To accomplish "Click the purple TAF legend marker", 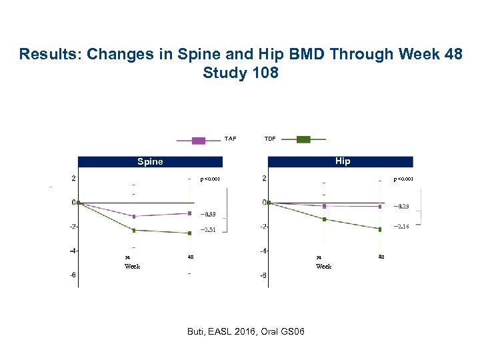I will point(199,140).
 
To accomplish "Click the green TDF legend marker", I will point(303,139).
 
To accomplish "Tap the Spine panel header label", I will point(150,161).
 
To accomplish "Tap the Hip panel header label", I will point(343,161).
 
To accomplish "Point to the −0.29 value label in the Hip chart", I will point(401,207).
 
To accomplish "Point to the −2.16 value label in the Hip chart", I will point(401,227).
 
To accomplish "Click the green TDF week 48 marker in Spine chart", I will point(190,233).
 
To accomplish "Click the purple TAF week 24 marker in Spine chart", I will point(134,217).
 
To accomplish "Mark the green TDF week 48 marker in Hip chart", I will point(380,229).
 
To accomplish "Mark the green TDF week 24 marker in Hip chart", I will point(325,219).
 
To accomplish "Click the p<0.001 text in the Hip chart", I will point(404,179).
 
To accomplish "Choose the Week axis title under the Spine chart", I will point(132,266).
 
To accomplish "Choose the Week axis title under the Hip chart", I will point(323,266).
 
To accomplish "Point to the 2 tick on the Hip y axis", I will point(265,179).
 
